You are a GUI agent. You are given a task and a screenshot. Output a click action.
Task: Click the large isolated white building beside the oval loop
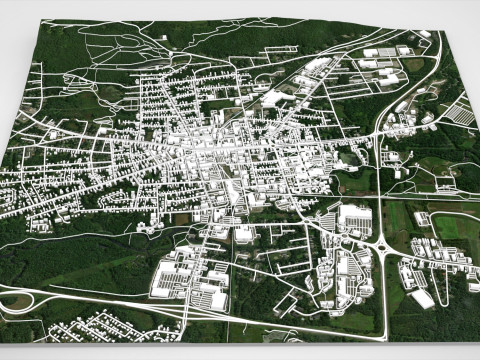[421, 298]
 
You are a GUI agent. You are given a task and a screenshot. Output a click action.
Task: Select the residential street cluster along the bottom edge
[110, 326]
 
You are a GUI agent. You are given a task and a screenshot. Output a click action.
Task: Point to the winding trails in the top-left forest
[110, 45]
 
